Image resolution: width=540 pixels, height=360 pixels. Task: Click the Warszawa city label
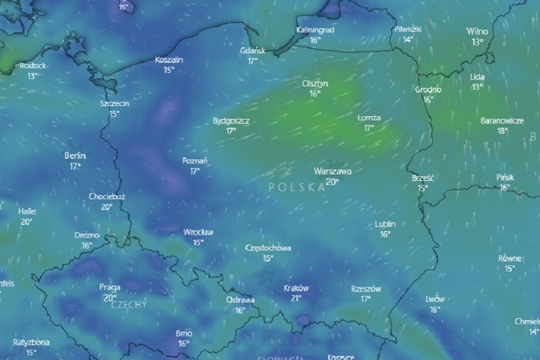point(332,172)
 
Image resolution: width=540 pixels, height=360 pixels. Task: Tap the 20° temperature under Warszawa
point(332,182)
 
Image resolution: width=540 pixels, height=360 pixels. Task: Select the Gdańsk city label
point(252,51)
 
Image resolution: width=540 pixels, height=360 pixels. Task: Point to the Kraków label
point(296,287)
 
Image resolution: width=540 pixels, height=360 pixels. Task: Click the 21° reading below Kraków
point(296,297)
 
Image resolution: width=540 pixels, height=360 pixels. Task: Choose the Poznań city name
point(195,161)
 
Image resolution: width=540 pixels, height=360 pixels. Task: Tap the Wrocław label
point(198,232)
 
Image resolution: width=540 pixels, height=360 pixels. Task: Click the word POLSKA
point(296,187)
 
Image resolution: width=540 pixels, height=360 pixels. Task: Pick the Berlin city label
point(75,155)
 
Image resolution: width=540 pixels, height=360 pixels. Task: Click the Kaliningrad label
point(315,30)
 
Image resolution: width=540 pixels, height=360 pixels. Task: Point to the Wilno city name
point(478,31)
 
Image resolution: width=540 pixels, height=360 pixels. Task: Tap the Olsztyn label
point(315,83)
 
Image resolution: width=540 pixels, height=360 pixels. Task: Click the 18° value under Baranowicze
point(502,131)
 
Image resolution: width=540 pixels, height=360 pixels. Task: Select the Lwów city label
point(435,299)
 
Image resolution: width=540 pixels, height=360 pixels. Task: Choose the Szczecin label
point(114,103)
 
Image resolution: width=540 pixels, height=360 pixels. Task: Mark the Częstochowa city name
point(268,248)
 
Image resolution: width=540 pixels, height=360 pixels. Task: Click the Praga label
point(109,287)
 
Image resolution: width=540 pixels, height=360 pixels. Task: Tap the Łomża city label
point(369,118)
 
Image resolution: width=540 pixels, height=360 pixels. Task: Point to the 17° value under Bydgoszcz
point(231,131)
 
